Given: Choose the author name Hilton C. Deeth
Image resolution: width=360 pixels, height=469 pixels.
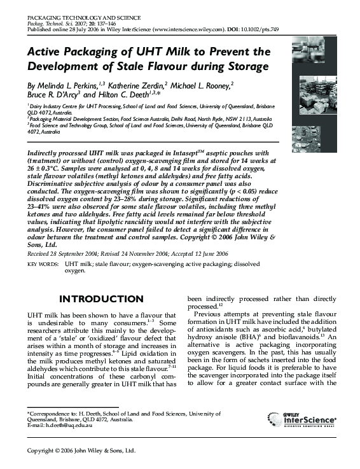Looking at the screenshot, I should click(x=142, y=95).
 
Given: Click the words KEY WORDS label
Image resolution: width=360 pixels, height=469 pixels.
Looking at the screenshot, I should click(x=44, y=262).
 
